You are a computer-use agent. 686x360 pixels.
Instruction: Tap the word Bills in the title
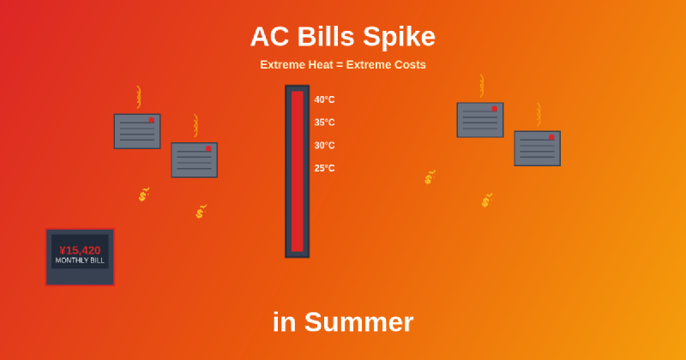[x=326, y=37]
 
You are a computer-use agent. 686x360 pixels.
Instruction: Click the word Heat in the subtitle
[x=321, y=64]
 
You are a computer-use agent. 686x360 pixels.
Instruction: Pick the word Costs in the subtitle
[x=407, y=64]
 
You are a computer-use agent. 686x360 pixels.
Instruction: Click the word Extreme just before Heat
[x=282, y=64]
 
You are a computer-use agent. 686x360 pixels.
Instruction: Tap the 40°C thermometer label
[x=324, y=99]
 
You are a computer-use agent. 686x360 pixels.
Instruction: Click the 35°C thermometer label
[x=324, y=123]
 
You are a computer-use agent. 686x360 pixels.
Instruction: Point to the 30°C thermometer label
[x=324, y=146]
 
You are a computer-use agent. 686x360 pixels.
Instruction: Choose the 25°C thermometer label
[x=324, y=168]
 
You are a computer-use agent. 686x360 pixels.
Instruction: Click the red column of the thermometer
[x=297, y=171]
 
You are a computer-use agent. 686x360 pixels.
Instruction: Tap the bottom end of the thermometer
[x=297, y=254]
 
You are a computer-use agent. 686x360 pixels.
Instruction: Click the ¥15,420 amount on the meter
[x=80, y=250]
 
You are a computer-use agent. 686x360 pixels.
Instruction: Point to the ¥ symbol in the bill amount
[x=63, y=250]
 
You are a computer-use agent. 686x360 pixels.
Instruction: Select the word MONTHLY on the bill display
[x=70, y=261]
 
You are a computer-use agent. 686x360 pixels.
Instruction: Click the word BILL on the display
[x=96, y=261]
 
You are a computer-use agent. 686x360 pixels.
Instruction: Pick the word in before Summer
[x=285, y=322]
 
